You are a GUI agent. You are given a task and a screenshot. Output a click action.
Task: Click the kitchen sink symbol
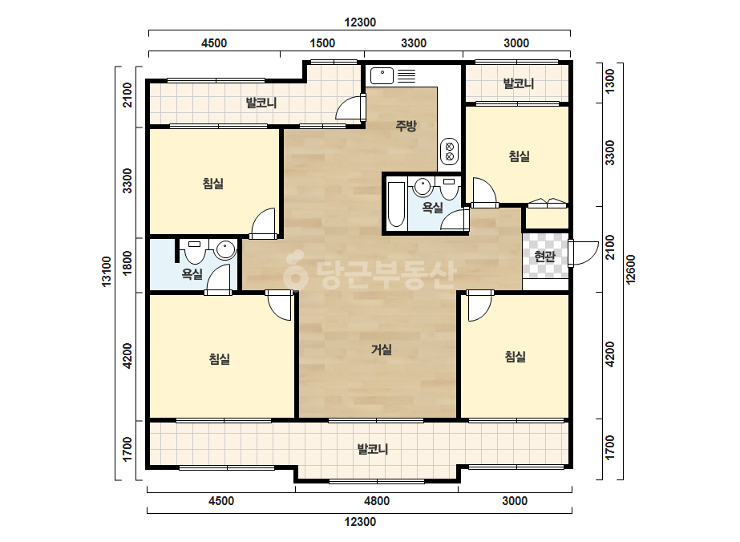point(382,76)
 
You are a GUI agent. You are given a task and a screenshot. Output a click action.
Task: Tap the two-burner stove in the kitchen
point(449,151)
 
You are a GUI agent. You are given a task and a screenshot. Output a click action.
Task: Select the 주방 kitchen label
point(406,126)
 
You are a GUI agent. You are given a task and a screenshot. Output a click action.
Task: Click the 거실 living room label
point(382,350)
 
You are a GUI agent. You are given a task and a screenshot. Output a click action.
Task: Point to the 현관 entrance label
point(544,257)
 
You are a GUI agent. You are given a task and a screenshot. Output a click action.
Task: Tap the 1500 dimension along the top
point(322,43)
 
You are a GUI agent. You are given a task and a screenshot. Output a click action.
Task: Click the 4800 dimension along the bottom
point(377,501)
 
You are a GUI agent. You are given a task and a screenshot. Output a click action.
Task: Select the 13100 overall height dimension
point(107,270)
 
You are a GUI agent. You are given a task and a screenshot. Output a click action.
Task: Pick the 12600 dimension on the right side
point(631,269)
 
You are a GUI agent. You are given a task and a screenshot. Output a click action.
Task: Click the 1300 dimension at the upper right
point(610,81)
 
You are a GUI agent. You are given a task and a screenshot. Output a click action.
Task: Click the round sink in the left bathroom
point(225,249)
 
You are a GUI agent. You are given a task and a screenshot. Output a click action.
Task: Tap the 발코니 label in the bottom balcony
point(373,449)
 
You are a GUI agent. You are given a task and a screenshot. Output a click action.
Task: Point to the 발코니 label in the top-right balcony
point(519,84)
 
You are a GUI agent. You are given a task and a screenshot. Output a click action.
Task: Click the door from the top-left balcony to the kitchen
point(350,108)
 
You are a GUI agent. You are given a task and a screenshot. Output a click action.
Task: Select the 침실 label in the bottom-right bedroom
point(516,357)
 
